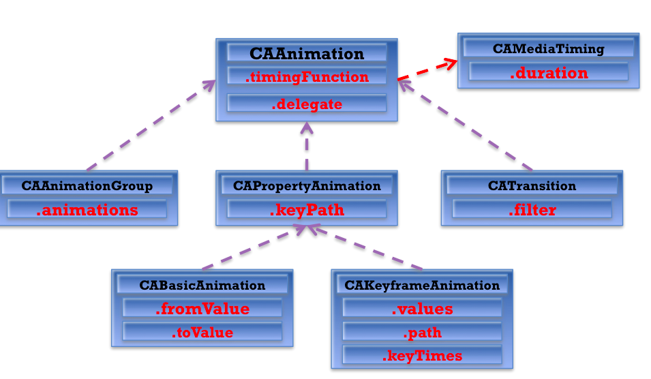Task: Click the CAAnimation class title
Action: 307,54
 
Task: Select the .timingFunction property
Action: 307,77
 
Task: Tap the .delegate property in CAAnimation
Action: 307,104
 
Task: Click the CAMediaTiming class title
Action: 548,49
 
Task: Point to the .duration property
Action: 548,73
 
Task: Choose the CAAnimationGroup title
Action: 87,186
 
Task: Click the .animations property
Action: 87,210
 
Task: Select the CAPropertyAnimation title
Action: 307,186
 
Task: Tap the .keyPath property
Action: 307,210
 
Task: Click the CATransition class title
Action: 532,186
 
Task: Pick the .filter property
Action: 532,210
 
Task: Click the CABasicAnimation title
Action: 202,286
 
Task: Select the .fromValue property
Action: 202,309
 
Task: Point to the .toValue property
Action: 202,333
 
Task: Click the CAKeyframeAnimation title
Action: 422,286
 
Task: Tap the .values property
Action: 422,309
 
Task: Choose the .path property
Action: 422,333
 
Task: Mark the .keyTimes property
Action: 422,356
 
